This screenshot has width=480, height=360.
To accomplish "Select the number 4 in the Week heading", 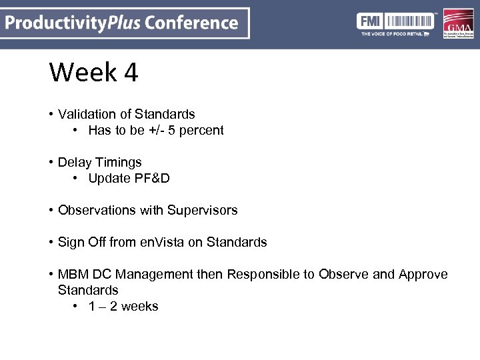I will [x=130, y=72].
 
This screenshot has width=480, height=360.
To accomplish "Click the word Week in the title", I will [x=81, y=72].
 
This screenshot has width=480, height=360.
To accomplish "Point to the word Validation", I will [x=84, y=114].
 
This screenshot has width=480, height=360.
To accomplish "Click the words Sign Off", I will [x=81, y=242].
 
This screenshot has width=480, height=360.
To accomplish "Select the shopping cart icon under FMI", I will [x=426, y=33].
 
